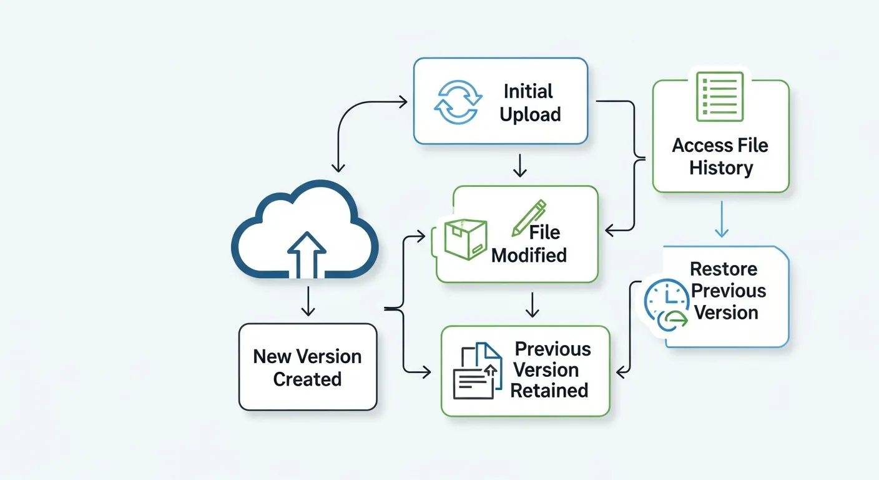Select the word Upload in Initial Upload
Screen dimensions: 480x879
pyautogui.click(x=530, y=114)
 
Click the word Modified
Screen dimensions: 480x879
pyautogui.click(x=529, y=255)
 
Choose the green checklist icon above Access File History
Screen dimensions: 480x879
pyautogui.click(x=720, y=96)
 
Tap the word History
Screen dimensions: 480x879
pyautogui.click(x=721, y=167)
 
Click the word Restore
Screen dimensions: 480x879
pyautogui.click(x=724, y=269)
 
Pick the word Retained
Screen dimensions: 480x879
pyautogui.click(x=549, y=391)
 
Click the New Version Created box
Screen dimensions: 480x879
pyautogui.click(x=308, y=367)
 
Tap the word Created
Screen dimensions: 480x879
pyautogui.click(x=307, y=379)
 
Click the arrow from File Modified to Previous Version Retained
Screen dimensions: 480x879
pyautogui.click(x=531, y=304)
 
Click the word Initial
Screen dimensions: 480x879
pyautogui.click(x=528, y=91)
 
